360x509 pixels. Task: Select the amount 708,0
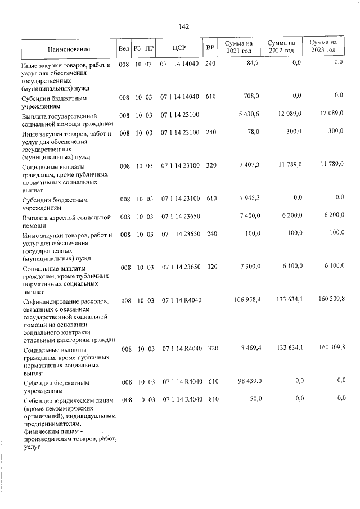point(250,96)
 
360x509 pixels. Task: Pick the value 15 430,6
point(246,115)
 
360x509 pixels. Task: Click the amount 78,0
point(251,132)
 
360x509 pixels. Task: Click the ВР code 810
point(213,399)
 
